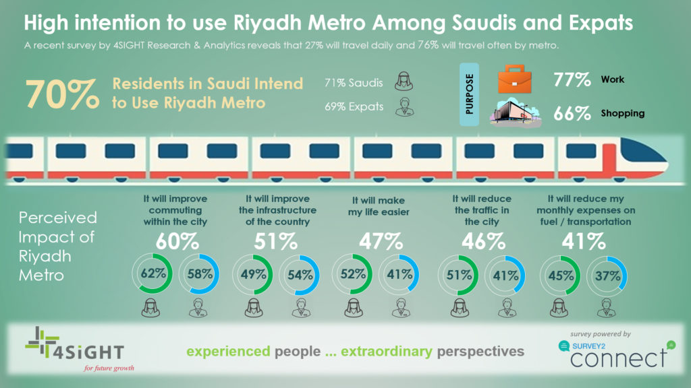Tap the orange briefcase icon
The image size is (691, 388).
click(x=519, y=79)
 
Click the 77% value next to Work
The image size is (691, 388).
click(x=572, y=80)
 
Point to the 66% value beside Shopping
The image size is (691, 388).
click(x=572, y=113)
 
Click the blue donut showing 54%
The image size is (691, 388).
click(x=300, y=275)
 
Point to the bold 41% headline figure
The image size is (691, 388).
click(x=585, y=240)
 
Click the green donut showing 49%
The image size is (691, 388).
click(x=252, y=275)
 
